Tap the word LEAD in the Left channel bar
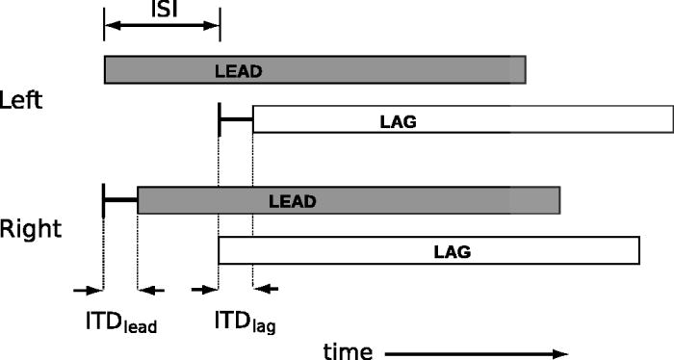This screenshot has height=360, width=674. pyautogui.click(x=239, y=70)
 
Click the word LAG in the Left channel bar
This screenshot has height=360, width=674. pyautogui.click(x=398, y=120)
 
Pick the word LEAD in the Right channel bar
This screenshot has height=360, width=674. pyautogui.click(x=293, y=202)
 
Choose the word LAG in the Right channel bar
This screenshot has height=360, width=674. pyautogui.click(x=452, y=252)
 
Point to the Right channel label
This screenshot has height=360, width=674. pyautogui.click(x=30, y=229)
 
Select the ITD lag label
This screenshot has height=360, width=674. pyautogui.click(x=245, y=323)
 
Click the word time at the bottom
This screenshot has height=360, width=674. pyautogui.click(x=347, y=351)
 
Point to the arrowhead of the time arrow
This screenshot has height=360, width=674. pyautogui.click(x=562, y=353)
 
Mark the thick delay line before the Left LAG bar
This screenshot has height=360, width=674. pyautogui.click(x=236, y=119)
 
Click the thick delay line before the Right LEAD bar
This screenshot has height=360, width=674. pyautogui.click(x=120, y=200)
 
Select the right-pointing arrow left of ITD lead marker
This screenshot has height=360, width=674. pyautogui.click(x=88, y=289)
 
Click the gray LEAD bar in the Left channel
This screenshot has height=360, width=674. pyautogui.click(x=385, y=70)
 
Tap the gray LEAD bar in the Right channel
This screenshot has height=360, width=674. pyautogui.click(x=433, y=200)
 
